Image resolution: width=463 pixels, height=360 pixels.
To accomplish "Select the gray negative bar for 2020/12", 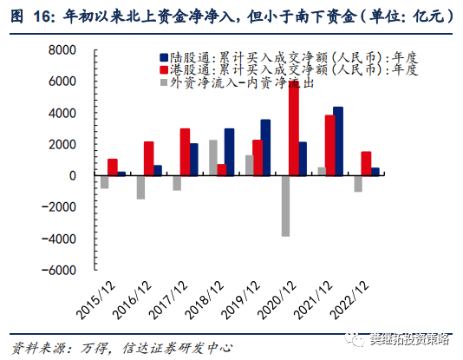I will (284, 206).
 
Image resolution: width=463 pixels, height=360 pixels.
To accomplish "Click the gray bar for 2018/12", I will (212, 158).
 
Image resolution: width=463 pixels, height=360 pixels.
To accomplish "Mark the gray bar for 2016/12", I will (140, 187).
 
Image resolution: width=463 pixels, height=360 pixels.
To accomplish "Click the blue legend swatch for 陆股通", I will (164, 53).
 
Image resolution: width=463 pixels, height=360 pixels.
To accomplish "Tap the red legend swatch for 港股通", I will (164, 68).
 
